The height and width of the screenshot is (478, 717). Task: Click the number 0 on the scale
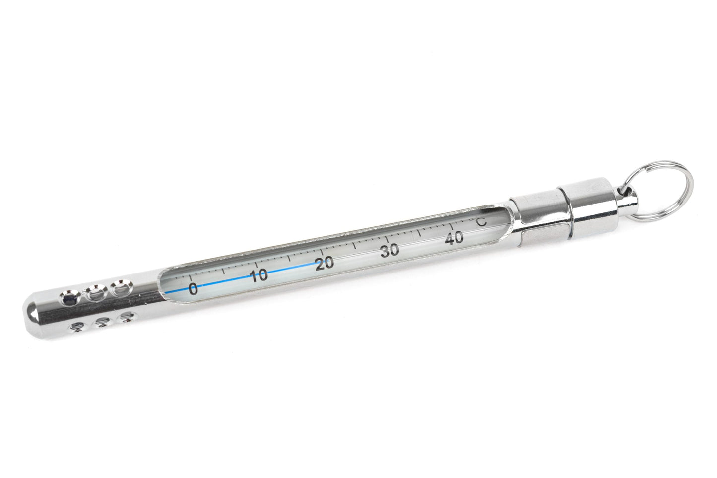click(193, 289)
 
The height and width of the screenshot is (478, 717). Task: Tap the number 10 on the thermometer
click(259, 276)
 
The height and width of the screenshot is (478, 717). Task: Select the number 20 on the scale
click(325, 263)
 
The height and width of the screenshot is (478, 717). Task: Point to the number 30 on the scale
click(390, 251)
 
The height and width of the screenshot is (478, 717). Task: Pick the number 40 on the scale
click(455, 238)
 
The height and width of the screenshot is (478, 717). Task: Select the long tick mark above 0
click(190, 276)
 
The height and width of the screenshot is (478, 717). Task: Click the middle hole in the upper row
click(94, 293)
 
